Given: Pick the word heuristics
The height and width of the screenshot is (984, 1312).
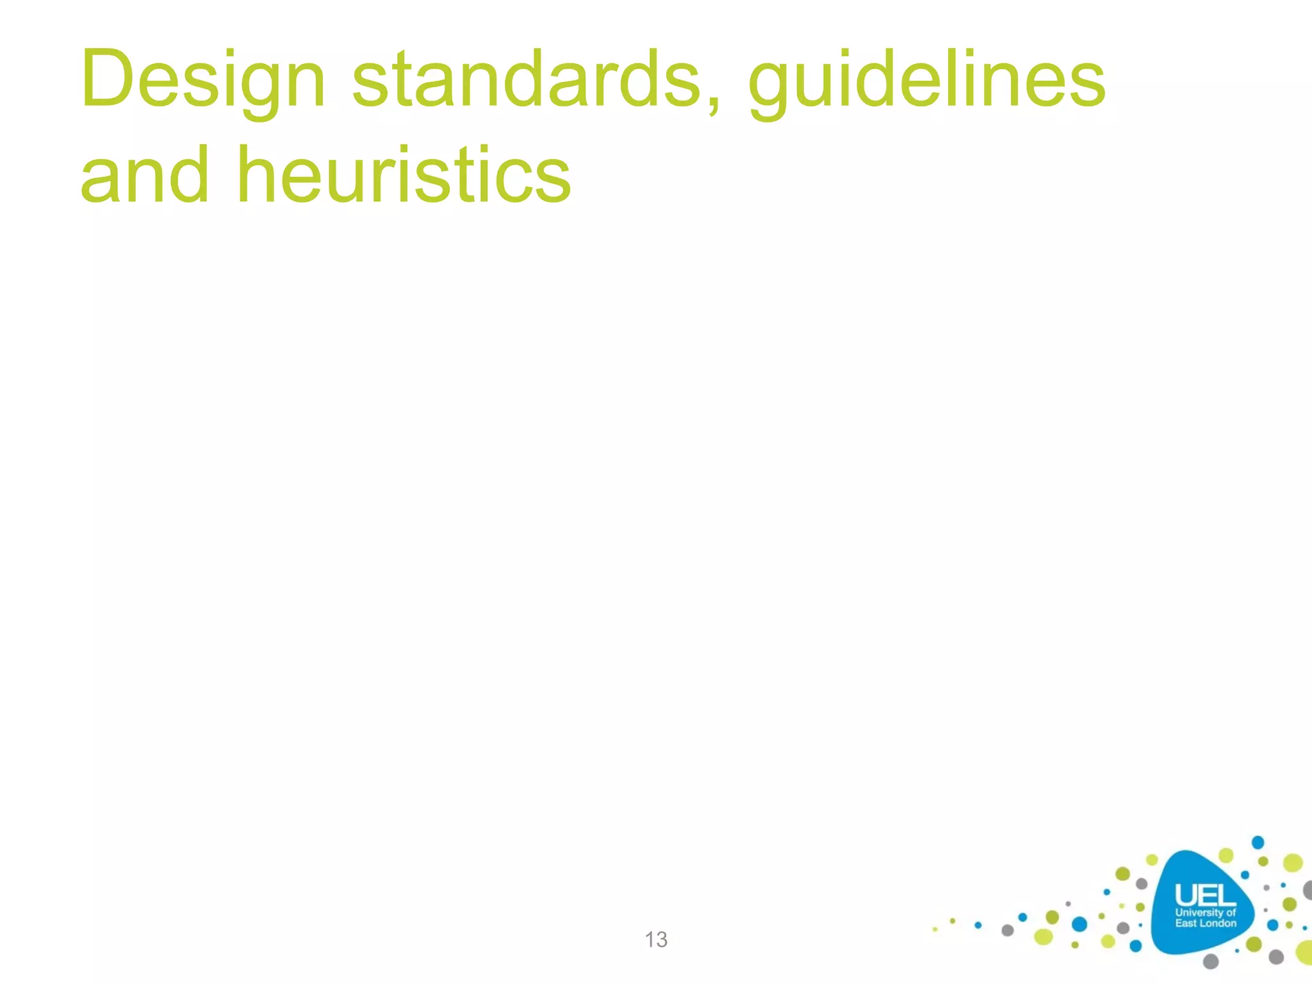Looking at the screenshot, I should click(404, 176).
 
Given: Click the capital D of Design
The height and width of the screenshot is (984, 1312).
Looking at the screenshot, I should click(108, 79).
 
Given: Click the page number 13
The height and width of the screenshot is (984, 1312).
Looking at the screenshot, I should click(656, 939).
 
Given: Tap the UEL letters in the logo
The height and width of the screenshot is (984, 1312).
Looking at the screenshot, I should click(1204, 895).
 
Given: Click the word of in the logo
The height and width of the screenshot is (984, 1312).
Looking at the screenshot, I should click(1231, 912).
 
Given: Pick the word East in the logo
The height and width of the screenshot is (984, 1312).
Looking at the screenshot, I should click(1186, 923).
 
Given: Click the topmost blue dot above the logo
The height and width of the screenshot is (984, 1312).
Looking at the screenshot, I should click(1258, 842).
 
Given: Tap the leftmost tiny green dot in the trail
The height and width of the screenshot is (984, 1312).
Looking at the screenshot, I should click(935, 929).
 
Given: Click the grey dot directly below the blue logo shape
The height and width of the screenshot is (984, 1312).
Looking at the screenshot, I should click(1211, 961).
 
